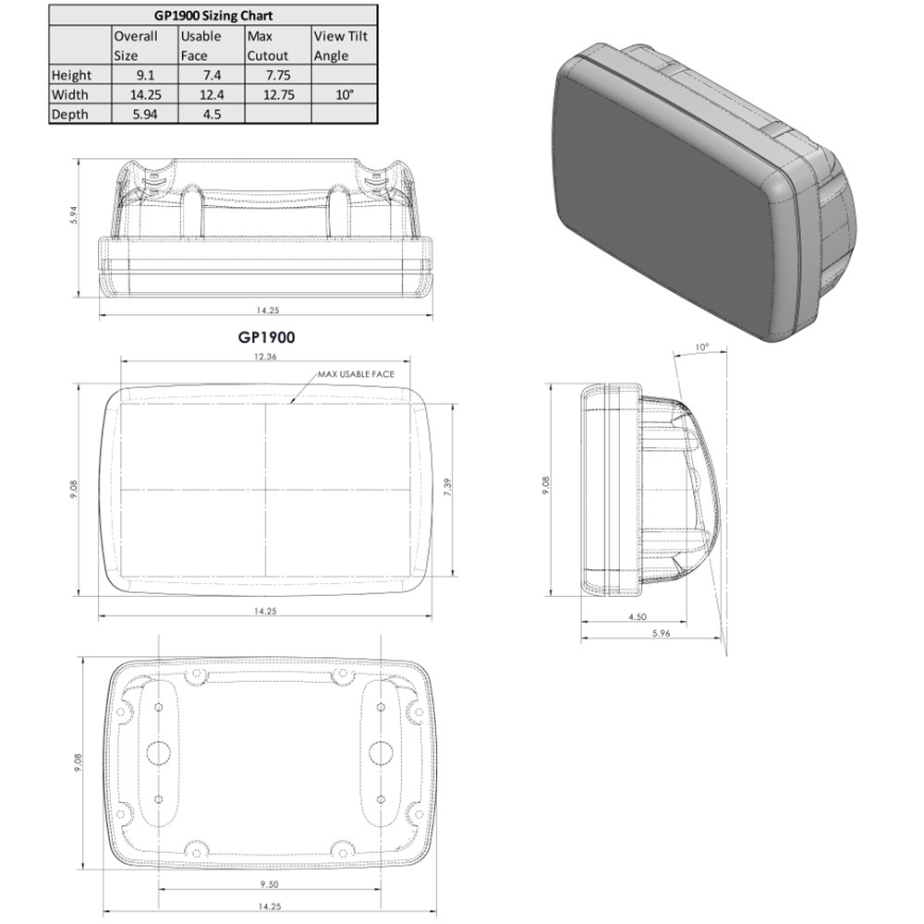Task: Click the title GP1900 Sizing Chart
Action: point(213,16)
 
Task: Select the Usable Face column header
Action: point(201,45)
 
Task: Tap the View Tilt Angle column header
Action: point(341,45)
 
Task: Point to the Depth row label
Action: point(70,114)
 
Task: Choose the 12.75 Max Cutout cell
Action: point(276,94)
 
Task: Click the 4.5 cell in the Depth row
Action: point(210,114)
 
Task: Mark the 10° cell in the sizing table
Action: point(345,94)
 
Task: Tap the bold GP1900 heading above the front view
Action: point(266,339)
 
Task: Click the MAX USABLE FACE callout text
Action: point(356,374)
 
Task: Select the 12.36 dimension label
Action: point(266,357)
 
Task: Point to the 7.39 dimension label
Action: point(448,488)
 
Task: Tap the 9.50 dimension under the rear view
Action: point(266,885)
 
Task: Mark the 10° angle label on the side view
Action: point(702,347)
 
